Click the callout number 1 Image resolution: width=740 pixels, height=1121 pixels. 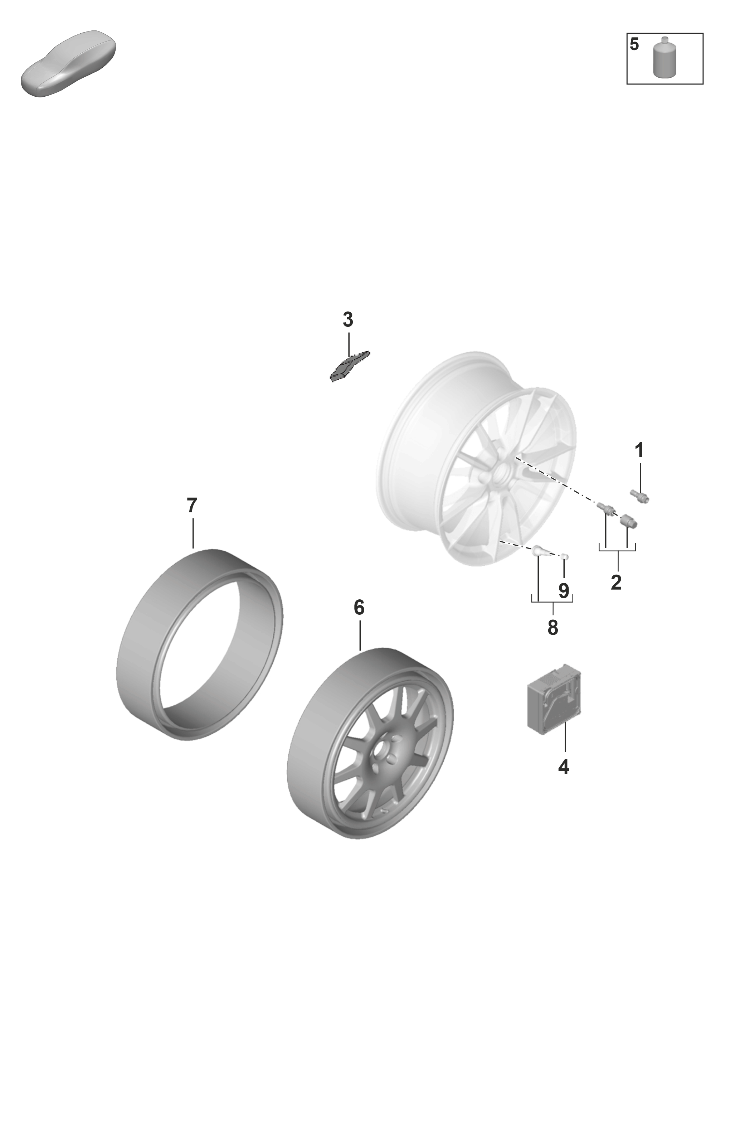(x=639, y=451)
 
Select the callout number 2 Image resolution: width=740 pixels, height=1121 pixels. (x=616, y=582)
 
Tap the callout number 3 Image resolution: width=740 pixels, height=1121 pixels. (x=348, y=320)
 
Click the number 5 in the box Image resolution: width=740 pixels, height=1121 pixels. (x=634, y=44)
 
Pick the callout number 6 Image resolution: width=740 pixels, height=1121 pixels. (x=359, y=607)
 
